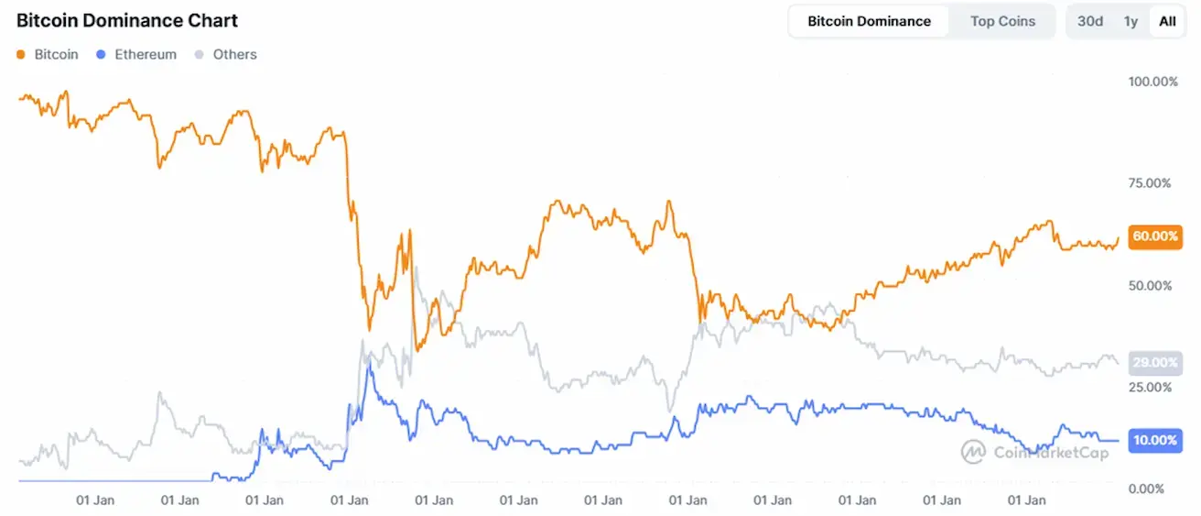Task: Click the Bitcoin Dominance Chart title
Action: [x=127, y=21]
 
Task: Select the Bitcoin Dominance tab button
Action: [x=869, y=21]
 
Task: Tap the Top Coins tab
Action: [x=1002, y=21]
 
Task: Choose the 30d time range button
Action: [x=1090, y=21]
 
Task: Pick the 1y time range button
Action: [x=1131, y=21]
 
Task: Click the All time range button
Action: [x=1167, y=21]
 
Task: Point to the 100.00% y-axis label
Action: [x=1152, y=82]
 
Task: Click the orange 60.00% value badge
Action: [x=1154, y=236]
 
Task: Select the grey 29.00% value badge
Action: [x=1154, y=363]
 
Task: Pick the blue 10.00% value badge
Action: [x=1154, y=440]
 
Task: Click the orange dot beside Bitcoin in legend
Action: [x=21, y=55]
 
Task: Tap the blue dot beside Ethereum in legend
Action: [x=102, y=55]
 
